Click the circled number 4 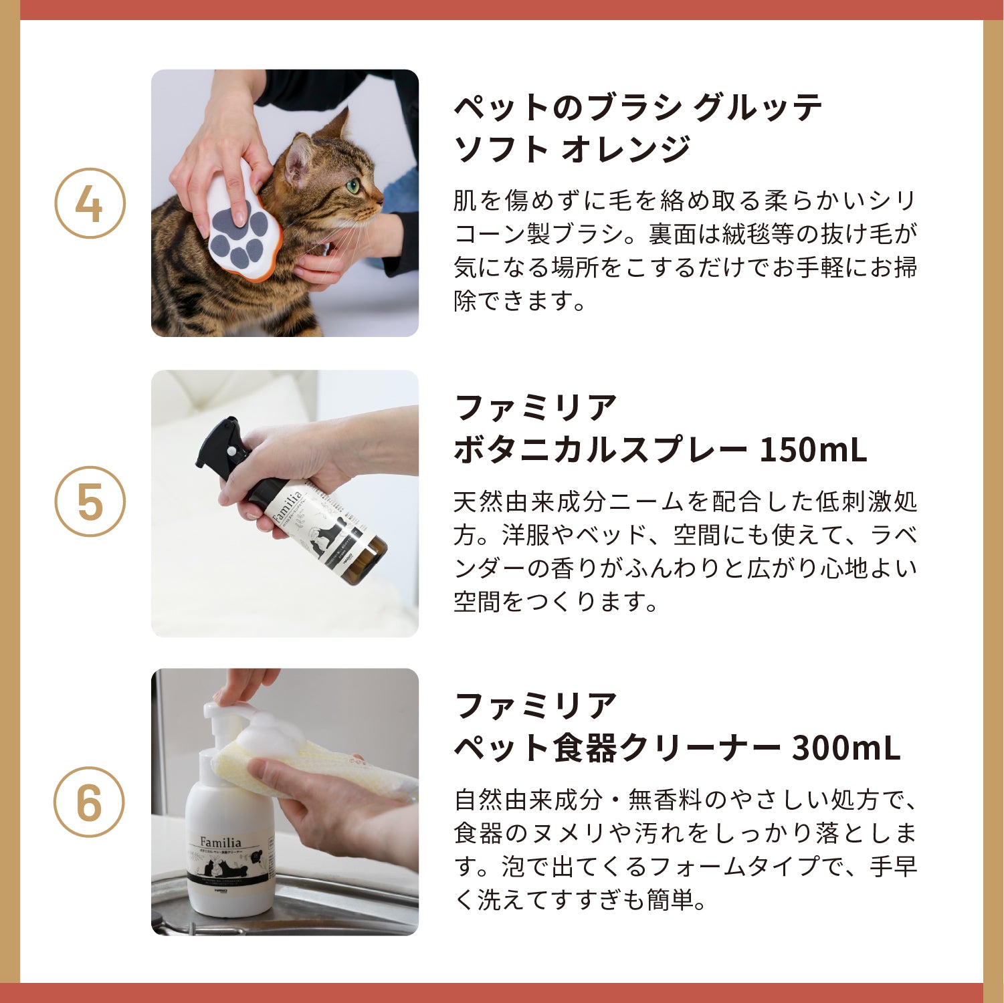click(x=90, y=203)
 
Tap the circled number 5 click(x=90, y=501)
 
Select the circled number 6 click(x=90, y=801)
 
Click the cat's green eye click(x=353, y=185)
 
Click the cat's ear click(x=299, y=155)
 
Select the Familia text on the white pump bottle click(x=220, y=843)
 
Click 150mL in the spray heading click(x=813, y=450)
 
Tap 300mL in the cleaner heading click(x=845, y=748)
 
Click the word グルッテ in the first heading click(x=757, y=107)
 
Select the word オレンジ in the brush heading click(x=625, y=148)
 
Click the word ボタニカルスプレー click(x=600, y=450)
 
